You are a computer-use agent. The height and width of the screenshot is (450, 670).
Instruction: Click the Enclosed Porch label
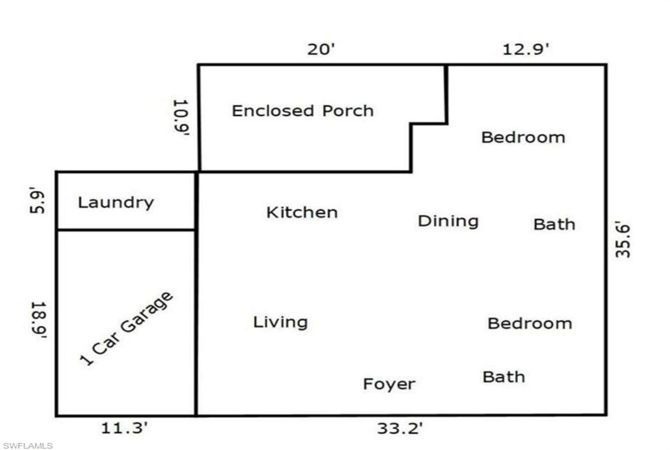pos(303,111)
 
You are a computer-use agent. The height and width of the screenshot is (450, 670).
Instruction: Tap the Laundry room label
pos(116,203)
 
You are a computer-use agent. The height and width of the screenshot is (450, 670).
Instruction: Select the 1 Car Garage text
pos(127,329)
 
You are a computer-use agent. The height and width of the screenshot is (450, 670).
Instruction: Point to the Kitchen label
pos(302,212)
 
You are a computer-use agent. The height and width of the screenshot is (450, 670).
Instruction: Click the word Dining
pos(448,221)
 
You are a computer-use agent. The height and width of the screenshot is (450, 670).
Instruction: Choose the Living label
pos(280,323)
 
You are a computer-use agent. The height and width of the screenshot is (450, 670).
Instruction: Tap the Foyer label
pos(389,384)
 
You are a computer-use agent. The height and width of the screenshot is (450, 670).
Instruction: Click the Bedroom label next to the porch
pos(523,138)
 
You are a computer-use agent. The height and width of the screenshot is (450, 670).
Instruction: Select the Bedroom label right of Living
pos(530,324)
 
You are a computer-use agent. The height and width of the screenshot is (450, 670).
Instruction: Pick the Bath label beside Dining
pos(554,225)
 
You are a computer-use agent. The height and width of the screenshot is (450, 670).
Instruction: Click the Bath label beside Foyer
pos(504,377)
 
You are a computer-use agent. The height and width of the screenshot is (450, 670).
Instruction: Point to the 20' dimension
pos(321,49)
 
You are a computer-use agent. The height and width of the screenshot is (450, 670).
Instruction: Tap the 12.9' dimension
pos(526,49)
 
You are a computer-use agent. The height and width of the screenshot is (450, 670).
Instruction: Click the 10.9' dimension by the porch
pos(181,117)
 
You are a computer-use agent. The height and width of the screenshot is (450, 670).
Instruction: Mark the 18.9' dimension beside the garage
pos(39,320)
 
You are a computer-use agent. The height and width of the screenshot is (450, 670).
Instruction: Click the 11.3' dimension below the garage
pos(125,428)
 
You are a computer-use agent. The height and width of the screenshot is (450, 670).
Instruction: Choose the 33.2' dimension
pos(400,428)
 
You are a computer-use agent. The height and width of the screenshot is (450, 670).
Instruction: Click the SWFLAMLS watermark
pos(28,446)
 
